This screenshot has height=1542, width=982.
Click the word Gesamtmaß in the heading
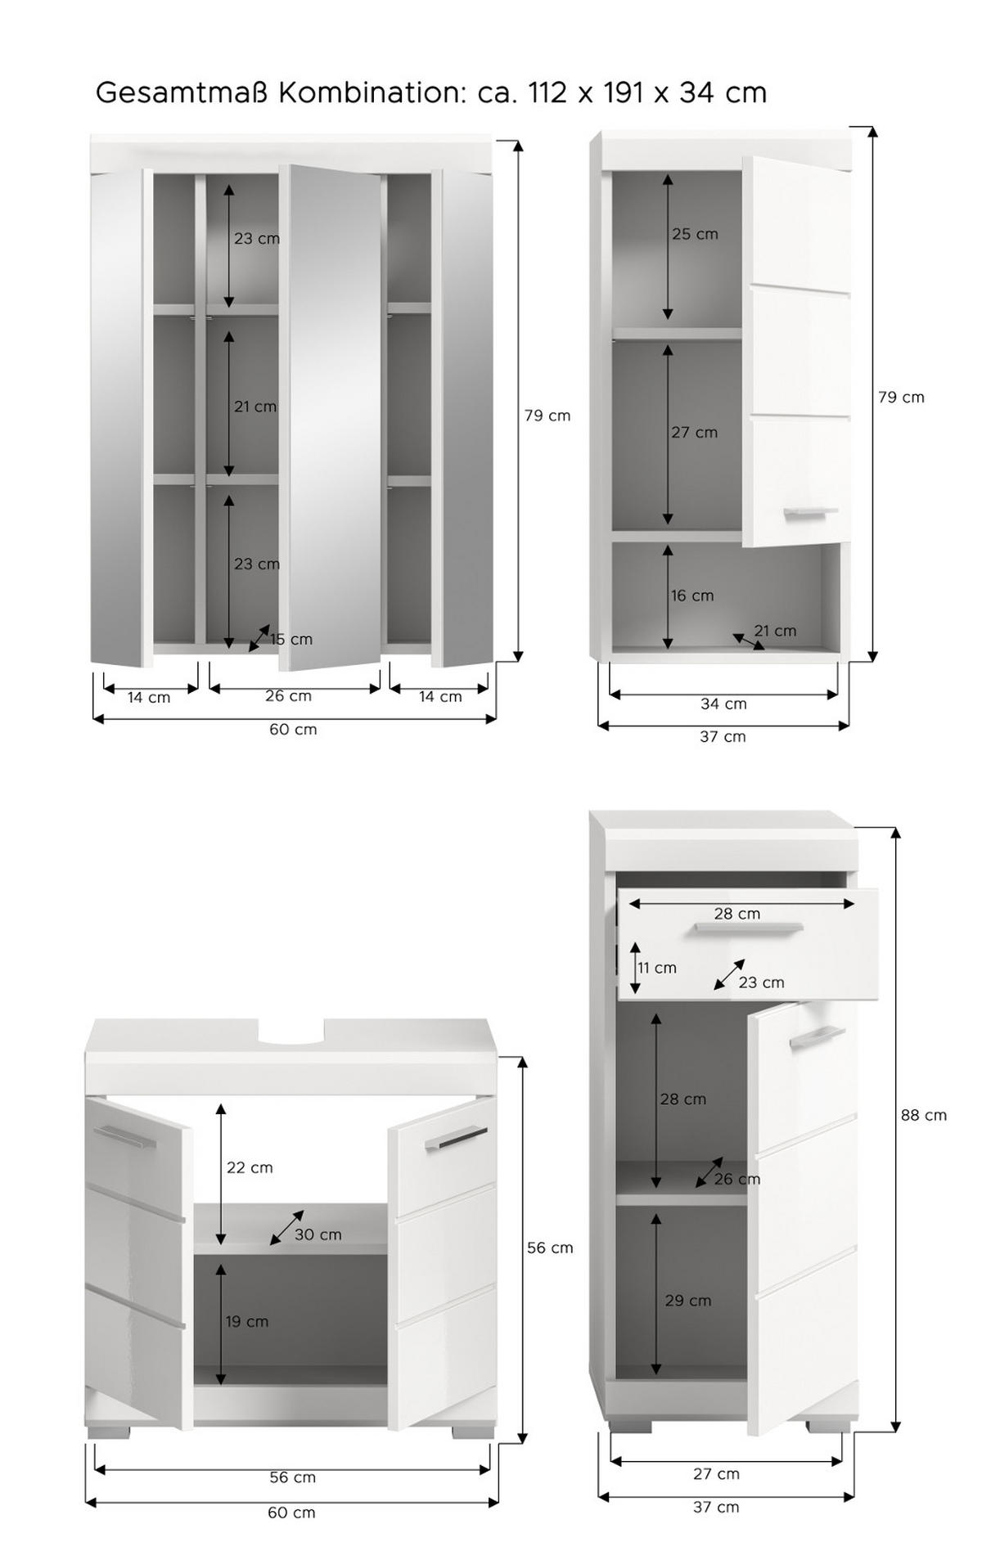point(182,92)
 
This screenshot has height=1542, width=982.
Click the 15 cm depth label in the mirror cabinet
point(291,640)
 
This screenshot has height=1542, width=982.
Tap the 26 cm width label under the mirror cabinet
point(288,696)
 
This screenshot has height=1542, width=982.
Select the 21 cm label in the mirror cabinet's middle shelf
point(255,407)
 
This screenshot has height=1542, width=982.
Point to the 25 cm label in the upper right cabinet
point(695,234)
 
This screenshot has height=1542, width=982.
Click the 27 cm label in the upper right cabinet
point(694,432)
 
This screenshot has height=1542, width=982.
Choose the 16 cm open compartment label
point(692,596)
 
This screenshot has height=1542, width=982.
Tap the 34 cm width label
point(723,704)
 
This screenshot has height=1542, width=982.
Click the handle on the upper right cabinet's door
point(810,513)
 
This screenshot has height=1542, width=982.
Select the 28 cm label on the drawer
point(736,914)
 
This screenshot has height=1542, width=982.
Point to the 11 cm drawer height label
point(657,968)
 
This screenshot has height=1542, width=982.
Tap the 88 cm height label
point(924,1115)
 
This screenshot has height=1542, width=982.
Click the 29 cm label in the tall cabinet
point(687,1300)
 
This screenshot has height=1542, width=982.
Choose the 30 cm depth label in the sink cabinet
point(318,1234)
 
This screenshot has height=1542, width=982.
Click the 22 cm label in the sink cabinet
point(250,1167)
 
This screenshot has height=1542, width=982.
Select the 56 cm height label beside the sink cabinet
point(549,1248)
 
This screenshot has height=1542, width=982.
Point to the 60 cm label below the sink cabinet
point(291,1513)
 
